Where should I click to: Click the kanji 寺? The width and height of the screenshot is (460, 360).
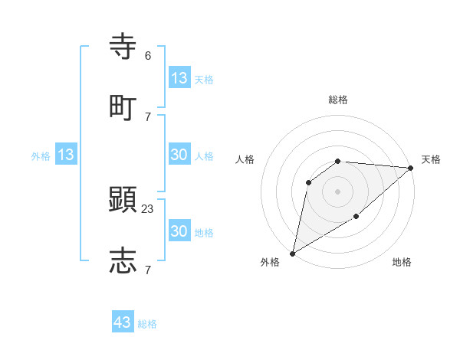(123, 46)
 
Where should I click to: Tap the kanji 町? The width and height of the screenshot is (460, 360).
(123, 106)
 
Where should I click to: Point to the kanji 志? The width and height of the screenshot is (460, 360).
(123, 260)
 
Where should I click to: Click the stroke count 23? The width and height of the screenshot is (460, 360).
(148, 208)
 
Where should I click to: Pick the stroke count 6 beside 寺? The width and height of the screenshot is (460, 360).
(148, 55)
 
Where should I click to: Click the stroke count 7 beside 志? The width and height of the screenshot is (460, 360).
(148, 269)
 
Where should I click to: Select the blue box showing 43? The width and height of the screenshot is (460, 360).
(123, 322)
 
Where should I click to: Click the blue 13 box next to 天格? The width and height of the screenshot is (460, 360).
(179, 78)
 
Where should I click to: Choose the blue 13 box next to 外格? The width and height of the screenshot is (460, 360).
(66, 155)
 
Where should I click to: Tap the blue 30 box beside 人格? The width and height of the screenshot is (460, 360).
(179, 155)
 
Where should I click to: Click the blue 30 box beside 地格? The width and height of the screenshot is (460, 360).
(179, 231)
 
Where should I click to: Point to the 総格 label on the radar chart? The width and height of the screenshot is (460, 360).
(338, 100)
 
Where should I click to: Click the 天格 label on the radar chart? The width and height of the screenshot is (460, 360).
(431, 159)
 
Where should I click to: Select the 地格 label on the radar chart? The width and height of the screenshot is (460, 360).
(402, 263)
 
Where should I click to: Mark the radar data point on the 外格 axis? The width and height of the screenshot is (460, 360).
(292, 253)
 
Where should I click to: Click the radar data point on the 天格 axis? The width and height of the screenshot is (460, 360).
(411, 168)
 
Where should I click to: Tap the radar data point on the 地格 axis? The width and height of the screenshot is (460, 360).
(356, 217)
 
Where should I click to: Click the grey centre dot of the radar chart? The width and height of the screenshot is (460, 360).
(337, 191)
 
